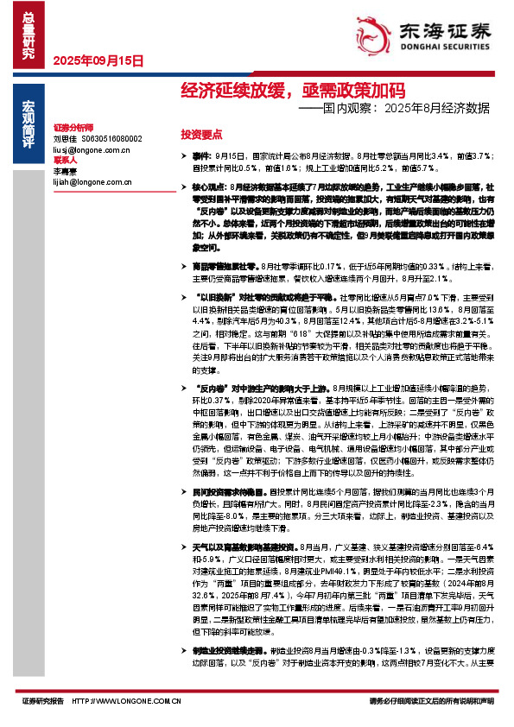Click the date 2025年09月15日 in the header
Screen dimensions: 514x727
point(98,60)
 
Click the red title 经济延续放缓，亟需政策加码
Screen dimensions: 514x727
point(293,91)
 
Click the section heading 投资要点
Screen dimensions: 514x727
point(201,135)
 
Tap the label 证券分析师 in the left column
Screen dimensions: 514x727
point(72,126)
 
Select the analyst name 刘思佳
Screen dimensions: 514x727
point(66,138)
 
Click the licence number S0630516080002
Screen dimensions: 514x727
point(112,138)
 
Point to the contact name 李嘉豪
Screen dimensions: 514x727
point(66,173)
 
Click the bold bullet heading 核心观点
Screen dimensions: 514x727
point(210,186)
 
